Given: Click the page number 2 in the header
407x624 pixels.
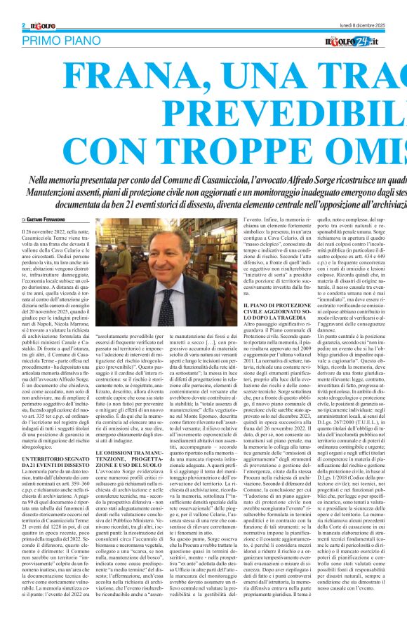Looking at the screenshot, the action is pyautogui.click(x=24, y=25).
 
